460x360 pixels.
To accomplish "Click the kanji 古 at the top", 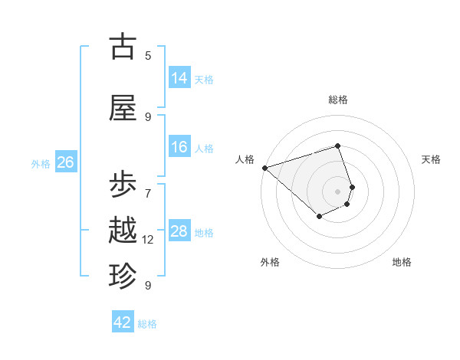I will pyautogui.click(x=123, y=47).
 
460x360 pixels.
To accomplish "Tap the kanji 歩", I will pyautogui.click(x=123, y=186).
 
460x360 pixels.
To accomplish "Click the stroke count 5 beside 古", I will pyautogui.click(x=148, y=55).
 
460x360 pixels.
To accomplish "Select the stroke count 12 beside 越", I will pyautogui.click(x=148, y=240).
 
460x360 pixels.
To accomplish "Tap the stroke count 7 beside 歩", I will pyautogui.click(x=148, y=185).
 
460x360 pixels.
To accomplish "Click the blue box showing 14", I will pyautogui.click(x=179, y=77).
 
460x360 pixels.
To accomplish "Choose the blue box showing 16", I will pyautogui.click(x=179, y=147).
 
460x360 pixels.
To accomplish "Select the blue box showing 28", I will pyautogui.click(x=179, y=231).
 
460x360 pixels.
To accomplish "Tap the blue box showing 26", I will pyautogui.click(x=65, y=162).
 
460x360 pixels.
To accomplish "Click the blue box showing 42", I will pyautogui.click(x=123, y=322).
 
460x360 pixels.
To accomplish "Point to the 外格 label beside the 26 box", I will pyautogui.click(x=41, y=163).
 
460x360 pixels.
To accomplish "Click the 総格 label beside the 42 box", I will pyautogui.click(x=147, y=324).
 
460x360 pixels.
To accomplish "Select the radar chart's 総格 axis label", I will pyautogui.click(x=338, y=100).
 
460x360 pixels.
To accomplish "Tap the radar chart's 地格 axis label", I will pyautogui.click(x=402, y=262).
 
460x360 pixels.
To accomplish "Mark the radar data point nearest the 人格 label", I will pyautogui.click(x=264, y=168).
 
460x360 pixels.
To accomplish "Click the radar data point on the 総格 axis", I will pyautogui.click(x=338, y=146).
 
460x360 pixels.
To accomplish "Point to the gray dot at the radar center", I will pyautogui.click(x=338, y=191).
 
